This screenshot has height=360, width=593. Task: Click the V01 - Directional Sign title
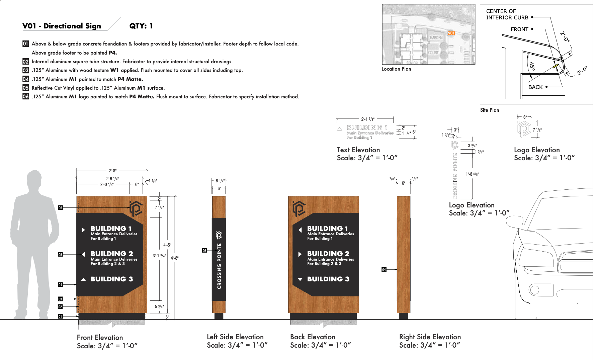[x=62, y=26]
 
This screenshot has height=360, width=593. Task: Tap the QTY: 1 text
[x=141, y=26]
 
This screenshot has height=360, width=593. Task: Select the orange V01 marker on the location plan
[x=451, y=33]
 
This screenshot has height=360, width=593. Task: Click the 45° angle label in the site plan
[x=532, y=66]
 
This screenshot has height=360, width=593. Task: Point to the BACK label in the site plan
[x=535, y=87]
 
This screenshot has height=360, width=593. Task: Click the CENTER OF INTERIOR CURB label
[x=507, y=14]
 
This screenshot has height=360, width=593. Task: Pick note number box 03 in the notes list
[x=26, y=70]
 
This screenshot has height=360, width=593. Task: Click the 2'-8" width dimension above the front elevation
[x=112, y=171]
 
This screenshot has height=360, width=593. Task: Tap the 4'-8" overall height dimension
[x=174, y=258]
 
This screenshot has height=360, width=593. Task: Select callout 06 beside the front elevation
[x=60, y=208]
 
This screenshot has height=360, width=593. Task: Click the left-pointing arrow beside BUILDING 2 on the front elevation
[x=83, y=254]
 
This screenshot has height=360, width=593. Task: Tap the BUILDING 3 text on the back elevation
[x=328, y=279]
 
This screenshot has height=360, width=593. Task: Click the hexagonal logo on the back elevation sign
[x=299, y=208]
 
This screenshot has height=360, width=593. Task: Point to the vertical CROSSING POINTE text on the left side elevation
[x=219, y=266]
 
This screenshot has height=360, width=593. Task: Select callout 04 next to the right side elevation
[x=384, y=269]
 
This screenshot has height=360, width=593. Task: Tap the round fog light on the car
[x=535, y=289]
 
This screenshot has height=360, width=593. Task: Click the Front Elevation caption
[x=100, y=338]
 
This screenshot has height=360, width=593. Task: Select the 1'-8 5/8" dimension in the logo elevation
[x=472, y=174]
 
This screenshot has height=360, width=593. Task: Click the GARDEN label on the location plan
[x=436, y=38]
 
